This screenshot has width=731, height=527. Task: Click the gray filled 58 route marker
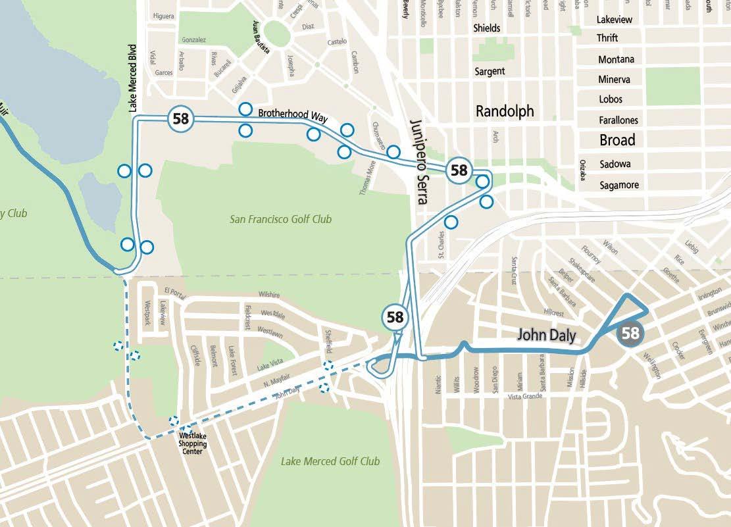[630, 333]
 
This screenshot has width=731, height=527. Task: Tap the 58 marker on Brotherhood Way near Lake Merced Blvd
[181, 119]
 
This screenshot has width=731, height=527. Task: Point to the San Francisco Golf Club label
[280, 219]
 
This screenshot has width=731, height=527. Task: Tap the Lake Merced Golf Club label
[330, 461]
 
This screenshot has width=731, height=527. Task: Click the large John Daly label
[546, 335]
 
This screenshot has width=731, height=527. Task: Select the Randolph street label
[505, 112]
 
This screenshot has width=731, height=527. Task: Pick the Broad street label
[617, 140]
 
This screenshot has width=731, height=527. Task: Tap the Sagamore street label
[619, 185]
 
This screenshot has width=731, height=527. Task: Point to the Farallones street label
[618, 120]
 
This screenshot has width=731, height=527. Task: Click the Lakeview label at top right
[614, 20]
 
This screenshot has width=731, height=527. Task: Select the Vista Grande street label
[527, 397]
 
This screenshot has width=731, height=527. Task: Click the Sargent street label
[490, 71]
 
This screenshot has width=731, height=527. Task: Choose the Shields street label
[487, 28]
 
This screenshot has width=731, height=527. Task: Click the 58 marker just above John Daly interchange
[395, 317]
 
